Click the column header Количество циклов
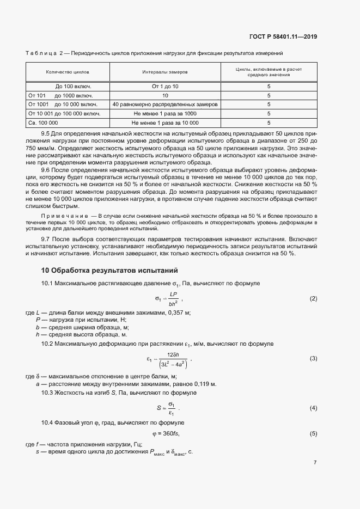point(68,71)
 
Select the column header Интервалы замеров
point(165,71)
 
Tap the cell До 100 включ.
point(73,86)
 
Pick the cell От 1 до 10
point(165,86)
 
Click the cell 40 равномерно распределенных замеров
point(165,104)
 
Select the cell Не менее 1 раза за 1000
point(165,113)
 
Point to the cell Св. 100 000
point(43,122)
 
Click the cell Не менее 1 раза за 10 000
point(165,122)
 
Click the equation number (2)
point(313,299)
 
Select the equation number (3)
point(313,359)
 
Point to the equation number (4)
point(313,408)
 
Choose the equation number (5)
point(313,433)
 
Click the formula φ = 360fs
point(166,433)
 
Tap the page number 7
point(315,462)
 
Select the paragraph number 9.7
point(46,238)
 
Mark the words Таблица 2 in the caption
point(46,53)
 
